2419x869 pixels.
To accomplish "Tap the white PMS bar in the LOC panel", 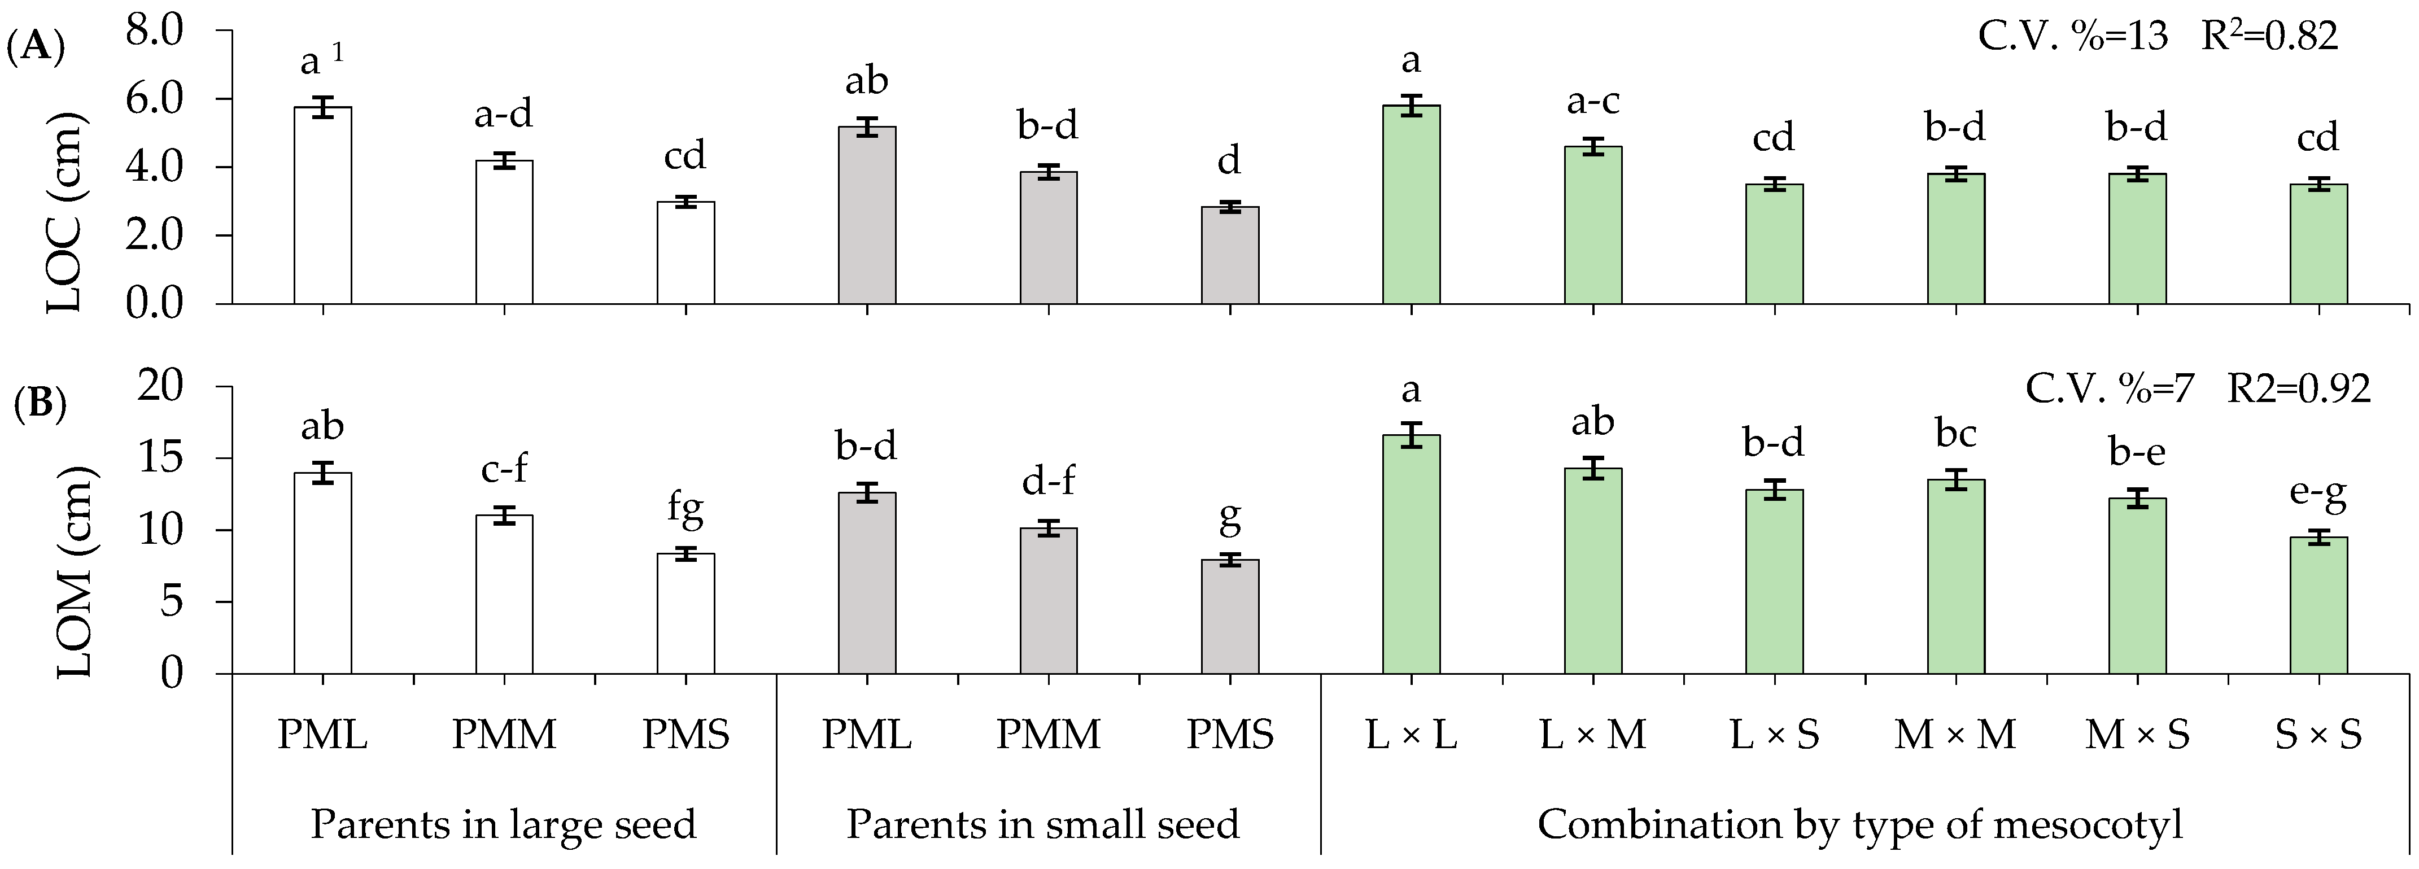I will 685,253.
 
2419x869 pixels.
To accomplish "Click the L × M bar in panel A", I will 1593,225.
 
